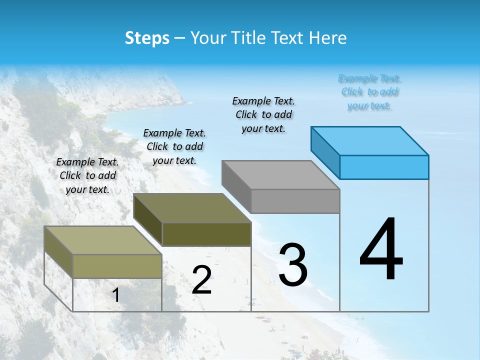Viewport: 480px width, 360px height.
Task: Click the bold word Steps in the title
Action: [x=147, y=38]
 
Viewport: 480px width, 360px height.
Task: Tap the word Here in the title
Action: [x=328, y=38]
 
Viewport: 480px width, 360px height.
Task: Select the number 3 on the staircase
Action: [x=293, y=265]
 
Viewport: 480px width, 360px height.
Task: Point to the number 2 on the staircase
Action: [x=201, y=280]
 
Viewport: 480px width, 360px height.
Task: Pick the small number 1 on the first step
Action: [x=116, y=295]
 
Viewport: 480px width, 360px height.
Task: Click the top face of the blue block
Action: [x=370, y=140]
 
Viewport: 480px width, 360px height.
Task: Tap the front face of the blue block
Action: [x=384, y=167]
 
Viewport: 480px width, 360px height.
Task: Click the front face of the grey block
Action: [x=295, y=201]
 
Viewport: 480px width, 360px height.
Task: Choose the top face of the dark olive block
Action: [x=192, y=207]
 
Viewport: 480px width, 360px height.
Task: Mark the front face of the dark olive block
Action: [x=206, y=234]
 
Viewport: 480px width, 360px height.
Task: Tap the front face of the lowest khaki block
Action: [x=117, y=266]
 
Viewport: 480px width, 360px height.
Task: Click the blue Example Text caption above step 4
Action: [x=369, y=92]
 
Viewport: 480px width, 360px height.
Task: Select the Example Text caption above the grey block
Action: [x=263, y=114]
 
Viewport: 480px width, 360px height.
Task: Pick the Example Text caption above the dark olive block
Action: [x=174, y=146]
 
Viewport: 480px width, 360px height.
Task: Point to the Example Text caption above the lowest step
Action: [x=87, y=175]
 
